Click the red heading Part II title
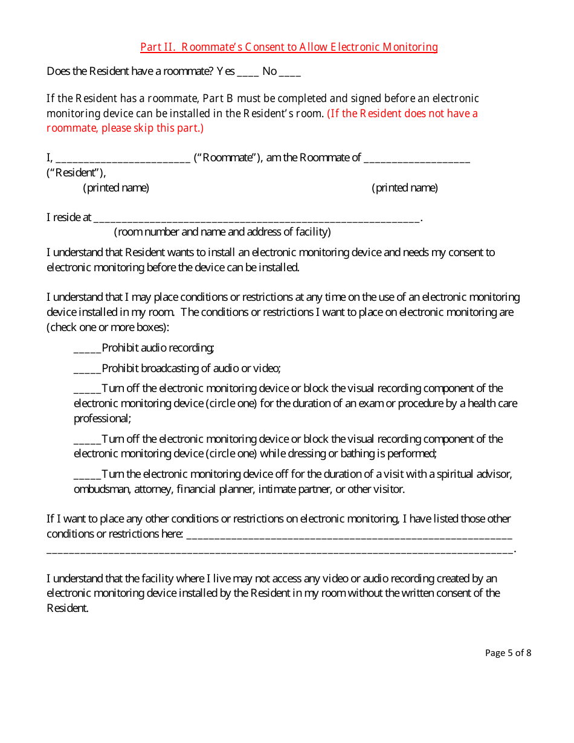289,47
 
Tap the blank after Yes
248,72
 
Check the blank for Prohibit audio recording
87,349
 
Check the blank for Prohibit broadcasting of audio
87,369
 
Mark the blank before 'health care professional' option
87,389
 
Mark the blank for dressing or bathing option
87,440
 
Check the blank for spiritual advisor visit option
87,475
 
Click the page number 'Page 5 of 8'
508,653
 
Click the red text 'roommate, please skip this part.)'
125,128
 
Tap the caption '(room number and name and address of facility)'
222,232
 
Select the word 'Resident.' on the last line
68,608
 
